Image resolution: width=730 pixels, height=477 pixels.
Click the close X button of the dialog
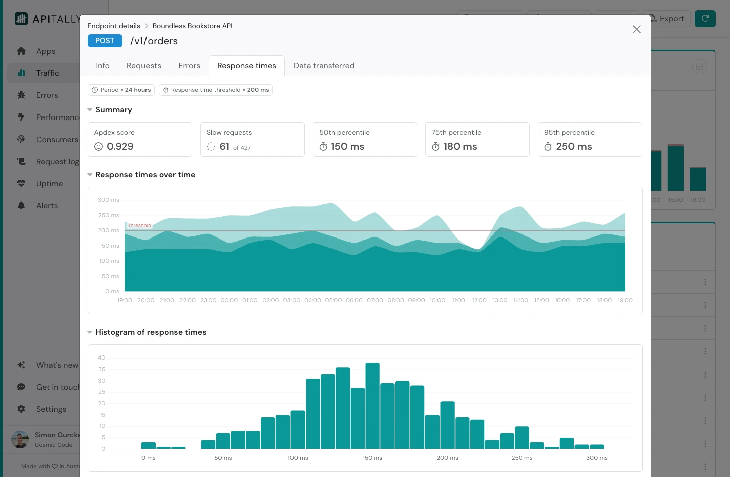pyautogui.click(x=636, y=29)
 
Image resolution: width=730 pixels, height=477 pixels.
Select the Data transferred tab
pyautogui.click(x=324, y=66)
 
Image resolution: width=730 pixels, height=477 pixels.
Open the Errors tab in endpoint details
pyautogui.click(x=189, y=66)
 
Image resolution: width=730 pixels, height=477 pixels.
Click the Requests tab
pyautogui.click(x=143, y=66)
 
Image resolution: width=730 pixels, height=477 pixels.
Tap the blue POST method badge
pyautogui.click(x=105, y=41)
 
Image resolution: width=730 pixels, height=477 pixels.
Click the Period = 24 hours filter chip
pyautogui.click(x=121, y=90)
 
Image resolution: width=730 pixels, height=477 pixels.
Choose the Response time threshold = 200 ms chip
pyautogui.click(x=216, y=90)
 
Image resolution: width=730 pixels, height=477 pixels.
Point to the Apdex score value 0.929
pyautogui.click(x=120, y=147)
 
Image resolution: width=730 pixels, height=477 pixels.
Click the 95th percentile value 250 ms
pyautogui.click(x=573, y=147)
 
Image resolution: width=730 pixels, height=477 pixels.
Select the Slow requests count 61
pyautogui.click(x=224, y=147)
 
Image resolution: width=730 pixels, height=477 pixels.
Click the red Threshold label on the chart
pyautogui.click(x=139, y=226)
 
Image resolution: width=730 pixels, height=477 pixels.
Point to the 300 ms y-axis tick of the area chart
pyautogui.click(x=108, y=200)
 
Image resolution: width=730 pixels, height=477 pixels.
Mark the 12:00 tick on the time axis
pyautogui.click(x=479, y=300)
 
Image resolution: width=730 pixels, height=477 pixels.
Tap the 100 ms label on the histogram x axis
pyautogui.click(x=298, y=458)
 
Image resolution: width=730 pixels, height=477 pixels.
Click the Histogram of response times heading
pyautogui.click(x=151, y=332)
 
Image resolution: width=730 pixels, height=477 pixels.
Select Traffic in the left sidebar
pyautogui.click(x=47, y=73)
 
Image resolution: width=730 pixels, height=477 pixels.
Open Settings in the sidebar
pyautogui.click(x=51, y=409)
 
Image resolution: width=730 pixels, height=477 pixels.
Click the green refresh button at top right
pyautogui.click(x=705, y=19)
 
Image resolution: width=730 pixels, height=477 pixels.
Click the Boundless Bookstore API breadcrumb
pyautogui.click(x=192, y=26)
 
